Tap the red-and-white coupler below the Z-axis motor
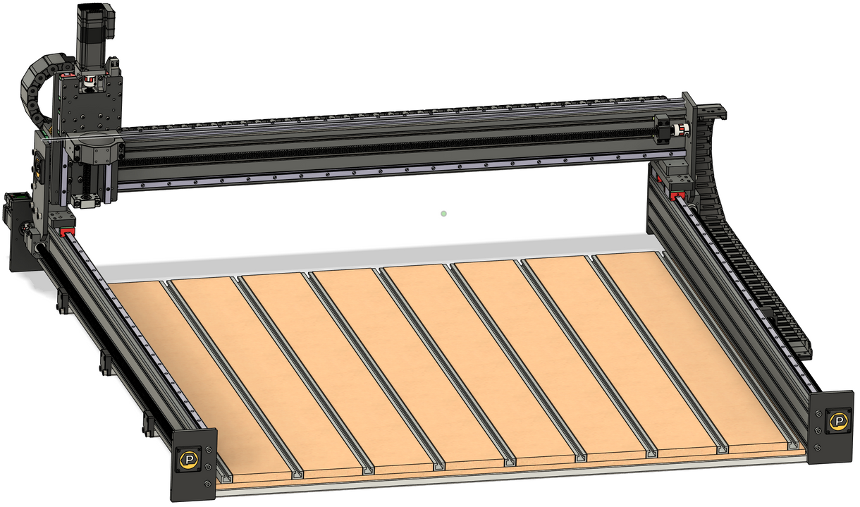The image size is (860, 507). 88,85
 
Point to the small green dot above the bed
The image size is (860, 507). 443,213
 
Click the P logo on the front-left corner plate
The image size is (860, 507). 188,460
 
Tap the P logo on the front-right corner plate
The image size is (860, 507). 838,422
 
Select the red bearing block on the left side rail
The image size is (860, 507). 66,231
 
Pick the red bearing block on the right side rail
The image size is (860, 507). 679,194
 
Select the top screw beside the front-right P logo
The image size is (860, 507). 818,414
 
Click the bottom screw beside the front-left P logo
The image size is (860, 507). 207,484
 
